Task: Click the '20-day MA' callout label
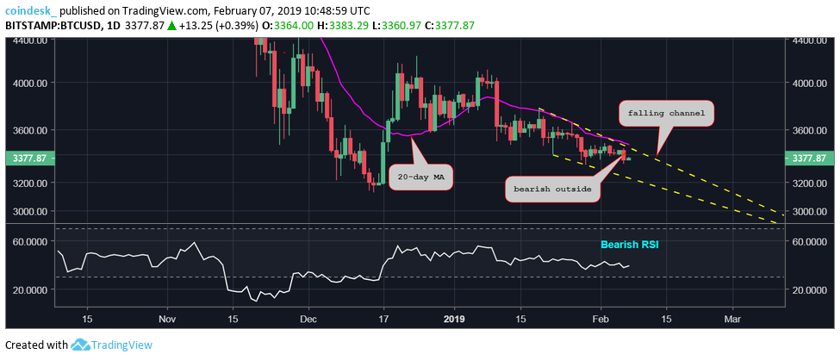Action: click(422, 178)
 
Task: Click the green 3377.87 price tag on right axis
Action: click(810, 158)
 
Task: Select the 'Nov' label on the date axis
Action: click(168, 319)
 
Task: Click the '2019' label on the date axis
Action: click(453, 319)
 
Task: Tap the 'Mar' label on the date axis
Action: click(732, 319)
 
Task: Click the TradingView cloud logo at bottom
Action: click(82, 345)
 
